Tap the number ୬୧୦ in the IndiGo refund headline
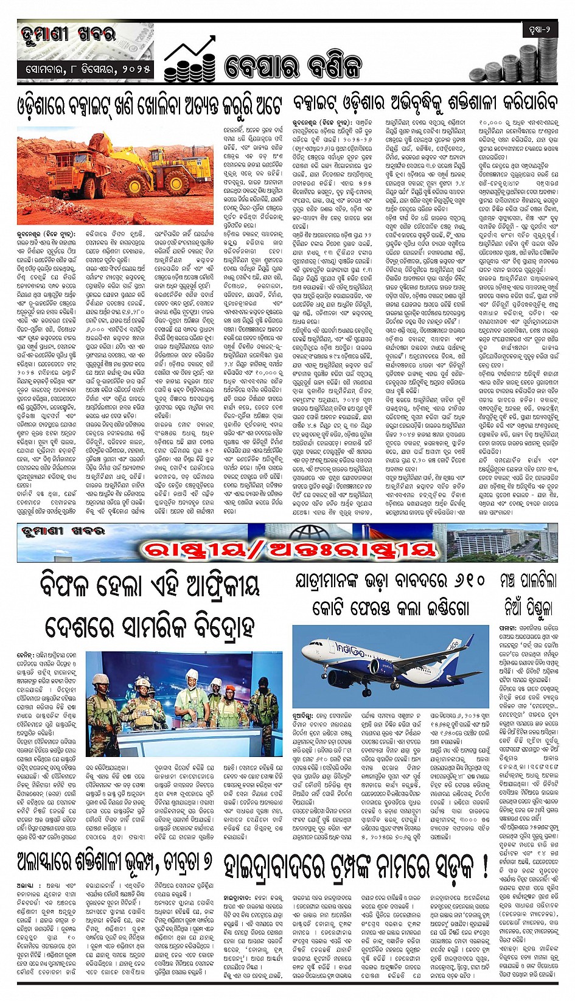click(x=465, y=581)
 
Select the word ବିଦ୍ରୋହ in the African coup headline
click(x=219, y=625)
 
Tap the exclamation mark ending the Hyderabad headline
click(x=484, y=864)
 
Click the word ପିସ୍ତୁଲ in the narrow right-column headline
click(x=536, y=606)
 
